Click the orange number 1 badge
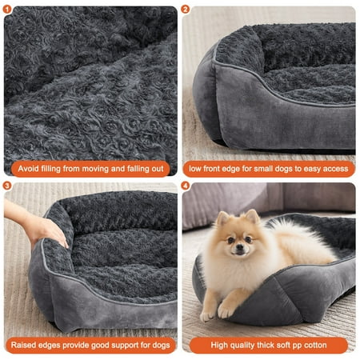[x=7, y=10]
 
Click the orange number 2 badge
[x=185, y=10]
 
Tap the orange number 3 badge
[x=7, y=186]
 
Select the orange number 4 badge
[x=185, y=186]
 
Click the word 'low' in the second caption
[x=194, y=169]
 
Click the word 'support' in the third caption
[x=125, y=346]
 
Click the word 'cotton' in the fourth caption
[x=315, y=345]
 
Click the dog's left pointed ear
[x=223, y=218]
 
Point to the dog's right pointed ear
[x=253, y=216]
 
